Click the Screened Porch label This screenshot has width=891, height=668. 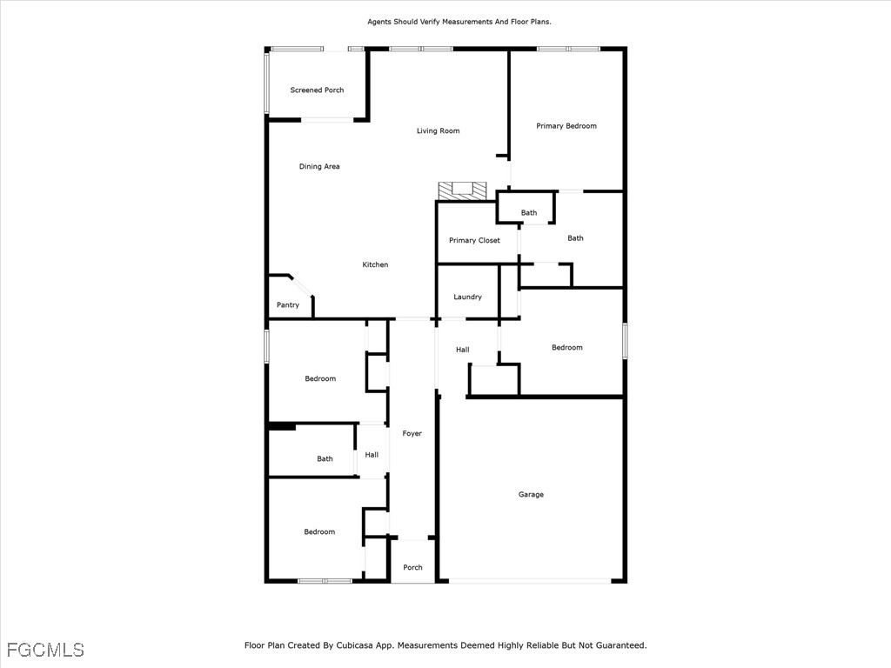click(x=317, y=90)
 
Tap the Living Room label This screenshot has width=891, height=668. click(x=439, y=130)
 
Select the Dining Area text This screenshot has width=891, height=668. click(x=319, y=166)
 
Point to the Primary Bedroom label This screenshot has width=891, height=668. click(x=566, y=126)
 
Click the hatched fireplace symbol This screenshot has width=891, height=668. click(x=463, y=190)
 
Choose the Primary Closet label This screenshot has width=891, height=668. click(x=474, y=240)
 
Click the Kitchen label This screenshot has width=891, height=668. click(x=375, y=264)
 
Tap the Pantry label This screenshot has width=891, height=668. click(x=287, y=305)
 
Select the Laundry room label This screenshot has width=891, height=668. click(x=467, y=297)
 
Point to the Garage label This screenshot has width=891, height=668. click(x=531, y=495)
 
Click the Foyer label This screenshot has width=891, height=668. click(x=412, y=433)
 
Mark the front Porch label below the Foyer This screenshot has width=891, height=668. click(x=412, y=567)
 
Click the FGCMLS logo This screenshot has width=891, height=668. click(x=45, y=650)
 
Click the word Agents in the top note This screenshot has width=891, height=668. click(x=379, y=22)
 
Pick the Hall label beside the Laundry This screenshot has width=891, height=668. click(x=463, y=350)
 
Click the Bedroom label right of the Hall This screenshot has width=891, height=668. click(x=567, y=348)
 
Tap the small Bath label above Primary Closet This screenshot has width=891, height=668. click(x=529, y=213)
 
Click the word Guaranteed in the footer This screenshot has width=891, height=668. click(x=621, y=645)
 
